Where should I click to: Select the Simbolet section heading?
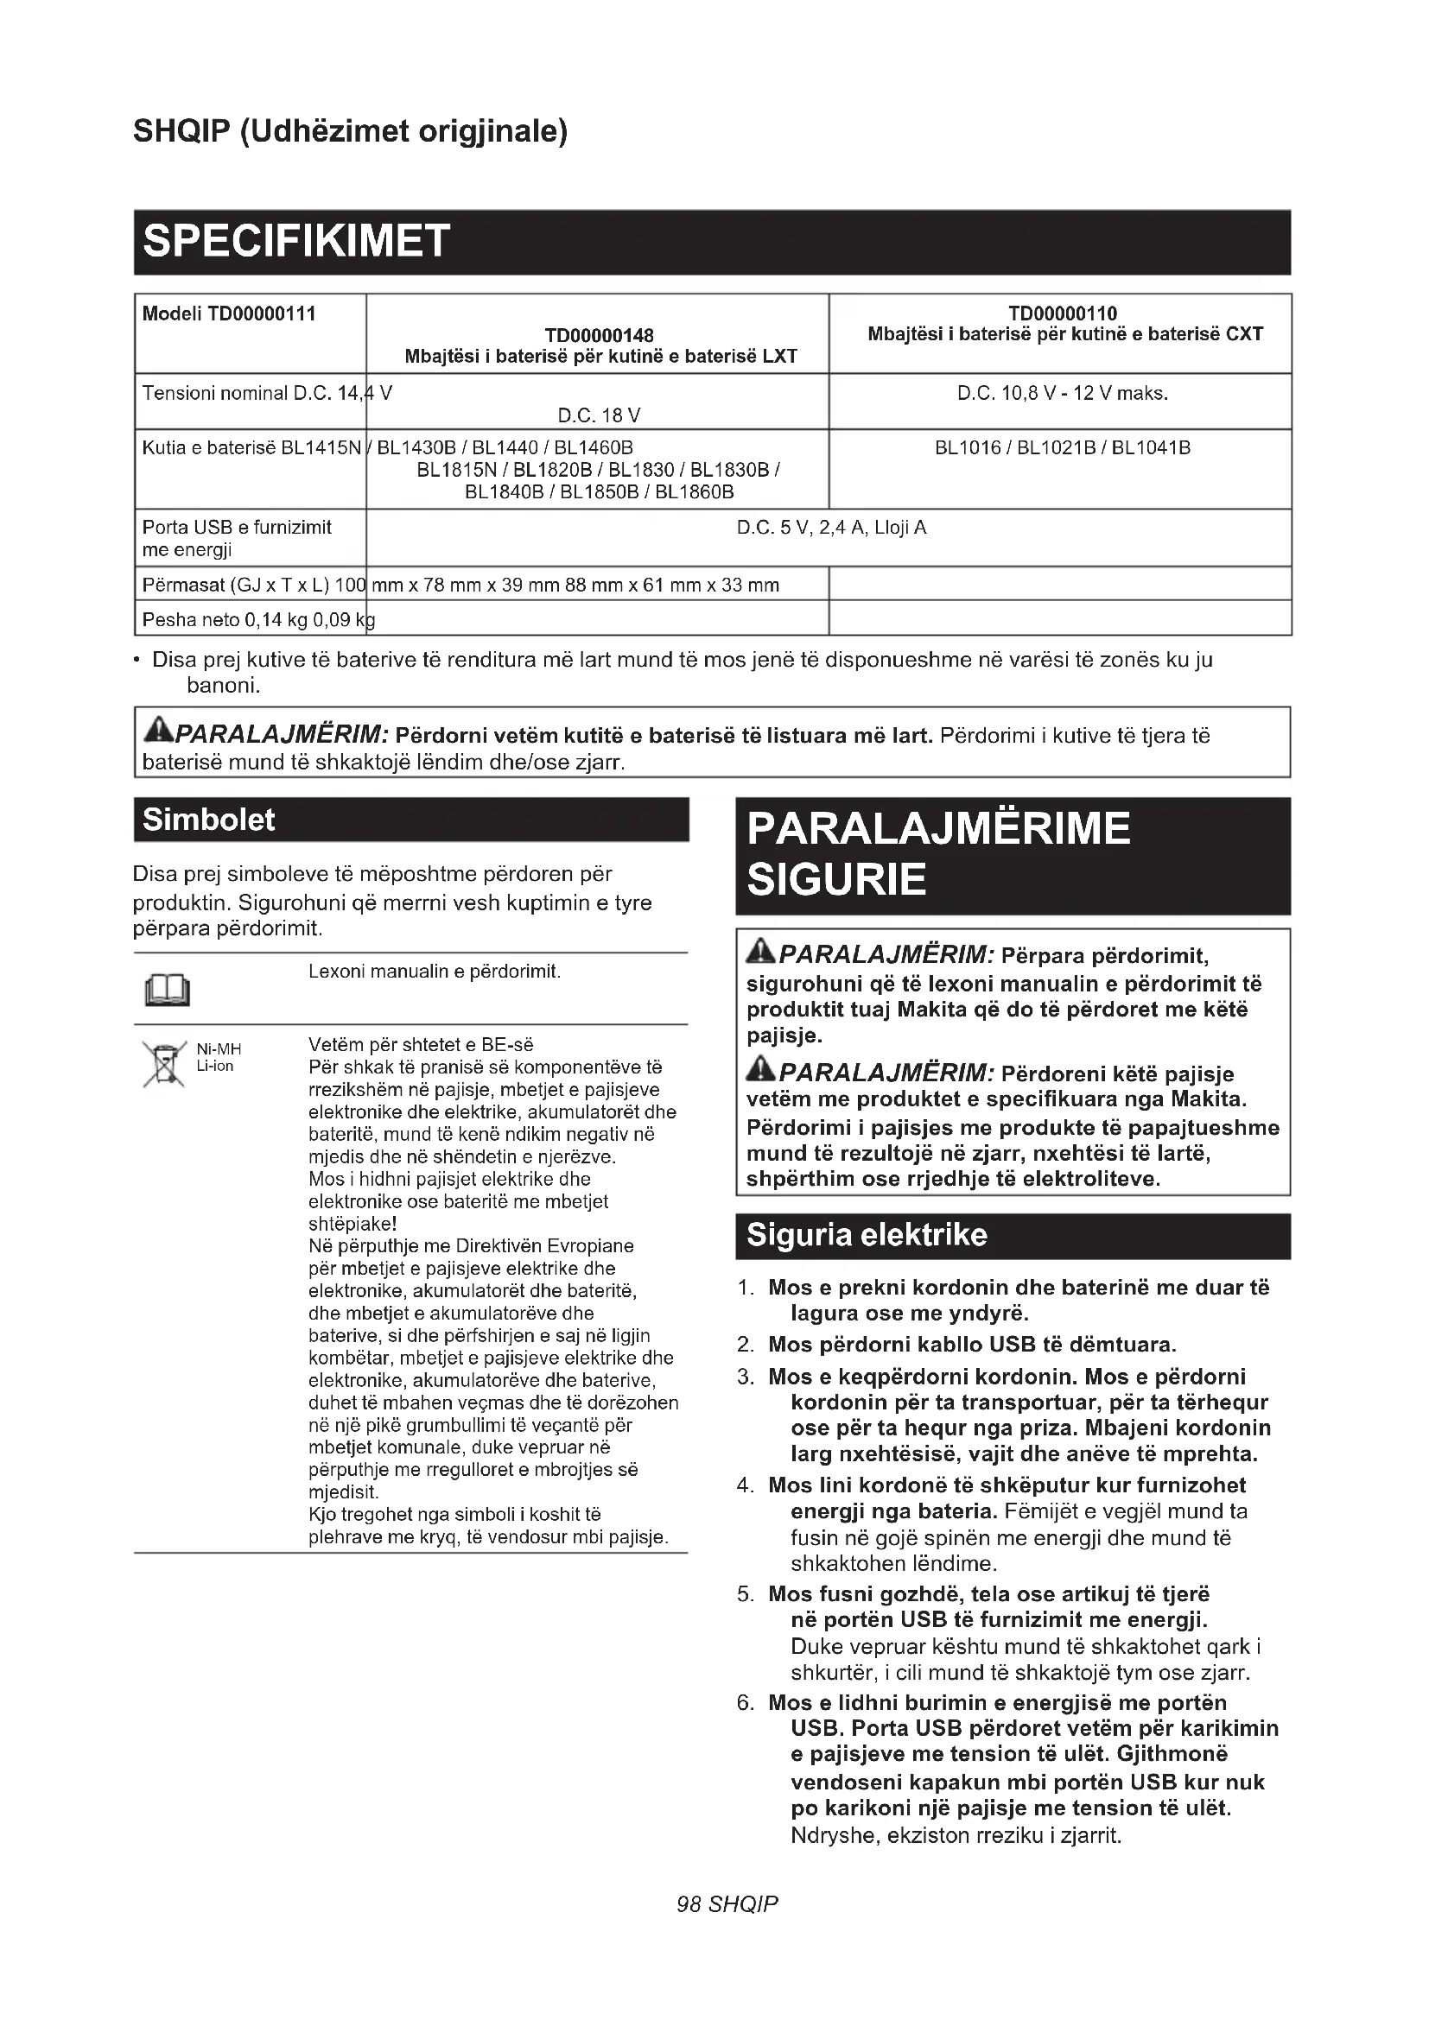[x=208, y=820]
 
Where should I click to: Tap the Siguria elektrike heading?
[x=866, y=1235]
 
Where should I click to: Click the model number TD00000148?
[x=600, y=335]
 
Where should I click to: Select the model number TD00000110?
[x=1063, y=313]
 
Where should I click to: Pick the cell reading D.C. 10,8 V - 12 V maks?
[x=1062, y=393]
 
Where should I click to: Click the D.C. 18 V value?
[x=599, y=415]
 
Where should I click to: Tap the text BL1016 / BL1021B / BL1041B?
[x=1062, y=448]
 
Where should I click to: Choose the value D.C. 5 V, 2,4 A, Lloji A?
[x=830, y=528]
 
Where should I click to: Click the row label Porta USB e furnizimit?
[x=237, y=528]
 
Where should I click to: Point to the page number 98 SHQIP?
[x=727, y=1904]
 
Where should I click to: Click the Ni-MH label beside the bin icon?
[x=219, y=1048]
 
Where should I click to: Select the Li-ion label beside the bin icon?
[x=215, y=1067]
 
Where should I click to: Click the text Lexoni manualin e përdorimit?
[x=434, y=972]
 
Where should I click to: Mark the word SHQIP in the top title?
[x=181, y=131]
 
